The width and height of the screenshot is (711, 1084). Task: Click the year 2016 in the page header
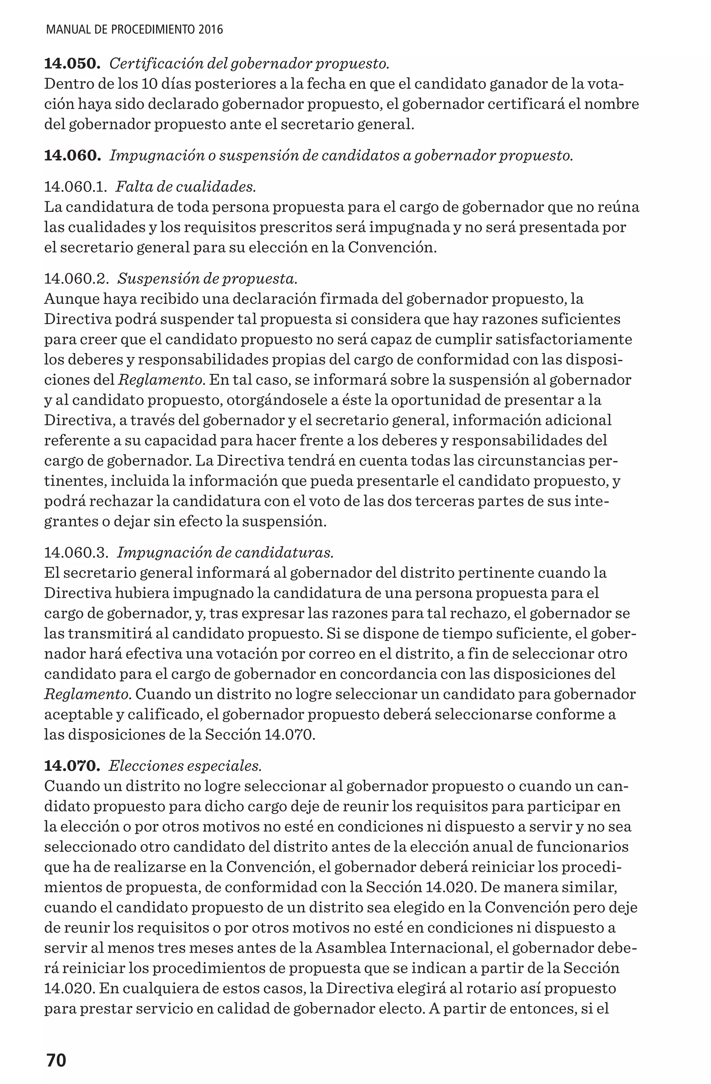(x=211, y=30)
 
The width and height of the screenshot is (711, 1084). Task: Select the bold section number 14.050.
(x=72, y=64)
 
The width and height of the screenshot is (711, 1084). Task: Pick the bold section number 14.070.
(x=72, y=766)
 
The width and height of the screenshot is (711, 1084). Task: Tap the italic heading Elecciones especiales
(x=185, y=766)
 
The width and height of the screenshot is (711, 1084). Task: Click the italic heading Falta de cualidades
(x=186, y=187)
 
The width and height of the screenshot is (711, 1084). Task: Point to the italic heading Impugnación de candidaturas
(x=225, y=552)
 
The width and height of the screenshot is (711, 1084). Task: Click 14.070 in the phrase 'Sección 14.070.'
(x=290, y=735)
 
